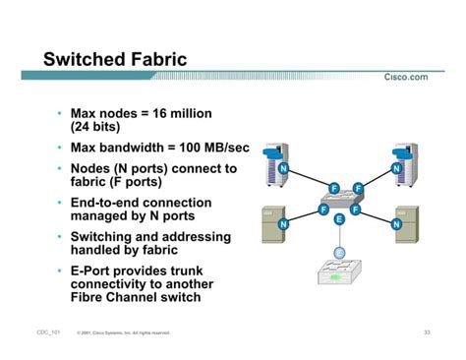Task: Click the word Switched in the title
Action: [x=86, y=60]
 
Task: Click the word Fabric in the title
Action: [x=158, y=60]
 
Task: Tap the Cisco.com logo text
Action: [x=406, y=78]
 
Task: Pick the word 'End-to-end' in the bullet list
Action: [x=108, y=203]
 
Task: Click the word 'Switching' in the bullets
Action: [x=105, y=237]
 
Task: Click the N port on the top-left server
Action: [x=283, y=169]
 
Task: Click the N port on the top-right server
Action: [x=396, y=169]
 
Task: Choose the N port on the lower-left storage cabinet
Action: [x=284, y=225]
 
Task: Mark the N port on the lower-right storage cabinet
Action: [x=396, y=225]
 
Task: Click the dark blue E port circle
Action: [x=339, y=218]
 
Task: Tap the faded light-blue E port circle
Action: [x=339, y=254]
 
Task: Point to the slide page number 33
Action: [x=428, y=332]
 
